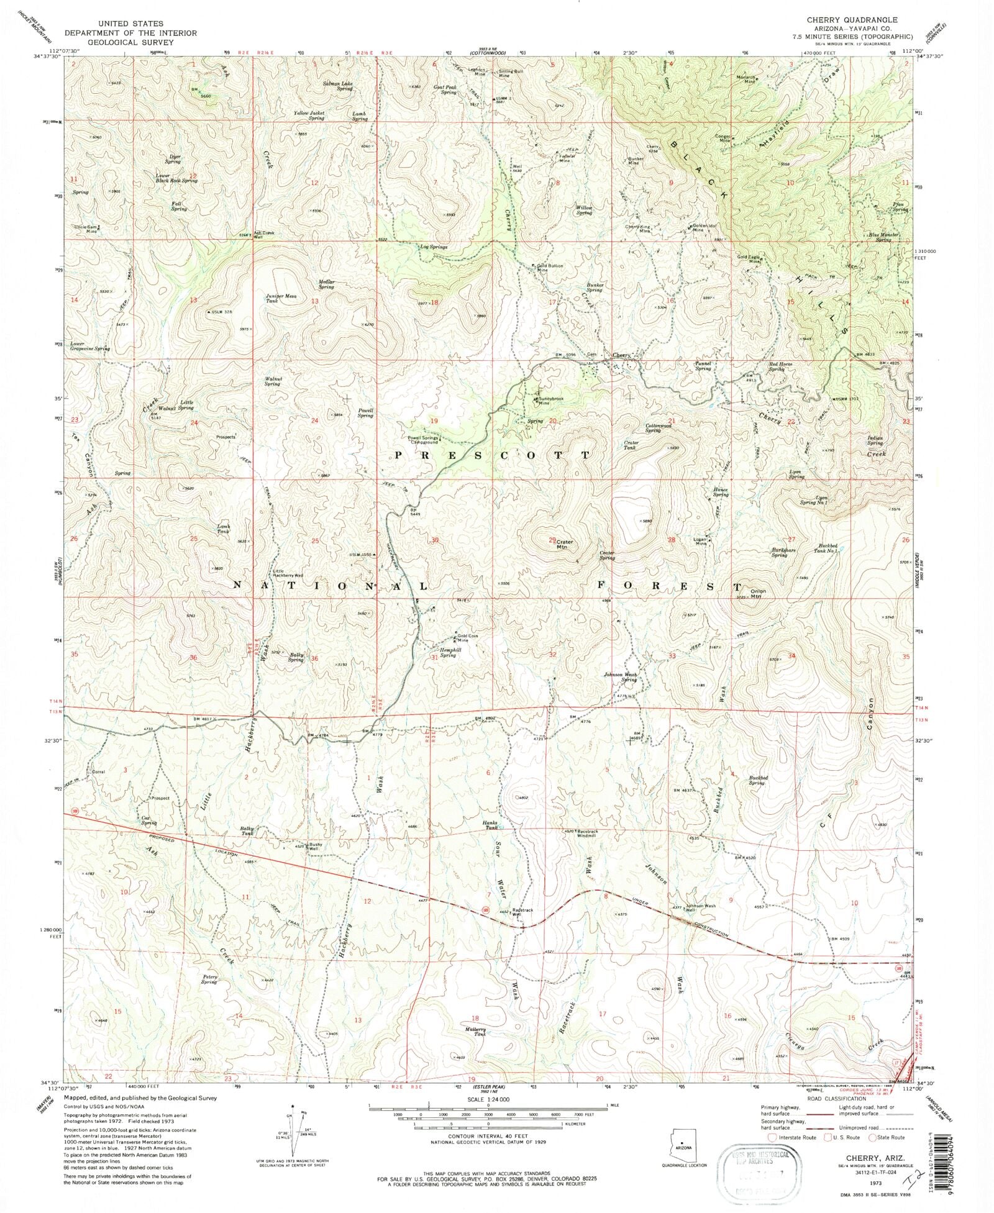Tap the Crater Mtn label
point(564,544)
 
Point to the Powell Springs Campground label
point(423,440)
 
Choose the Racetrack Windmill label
point(578,832)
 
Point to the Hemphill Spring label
point(450,652)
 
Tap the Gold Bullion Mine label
point(550,268)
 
